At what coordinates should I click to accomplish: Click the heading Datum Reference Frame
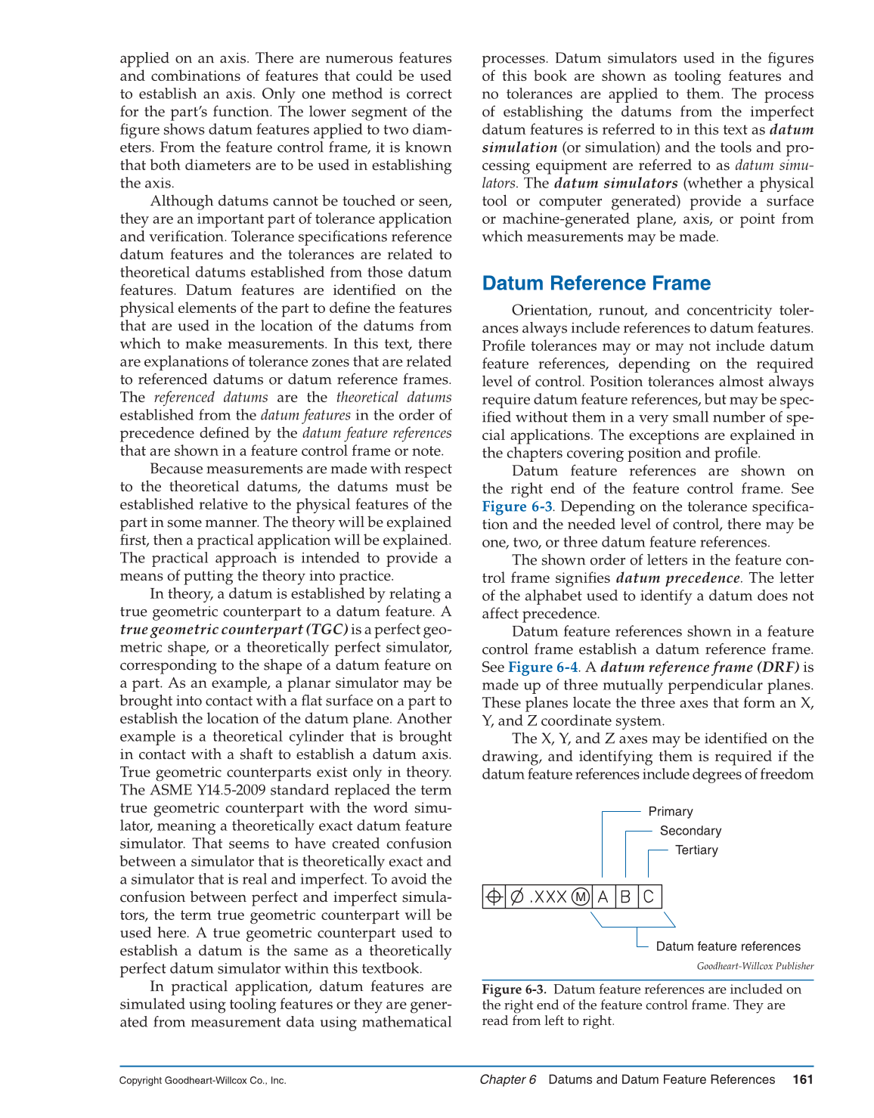pyautogui.click(x=596, y=283)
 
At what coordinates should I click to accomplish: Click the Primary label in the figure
pyautogui.click(x=670, y=811)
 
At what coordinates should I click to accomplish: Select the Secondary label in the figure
pyautogui.click(x=690, y=831)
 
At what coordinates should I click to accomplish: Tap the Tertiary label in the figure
pyautogui.click(x=696, y=850)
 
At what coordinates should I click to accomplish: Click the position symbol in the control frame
pyautogui.click(x=493, y=897)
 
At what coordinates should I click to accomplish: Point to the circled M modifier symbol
pyautogui.click(x=580, y=897)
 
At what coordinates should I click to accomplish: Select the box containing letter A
pyautogui.click(x=603, y=897)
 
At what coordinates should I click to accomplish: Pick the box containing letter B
pyautogui.click(x=626, y=897)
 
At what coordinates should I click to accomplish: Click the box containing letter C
pyautogui.click(x=649, y=897)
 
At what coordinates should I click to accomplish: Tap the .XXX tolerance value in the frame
pyautogui.click(x=548, y=897)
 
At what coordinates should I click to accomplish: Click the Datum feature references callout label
pyautogui.click(x=728, y=946)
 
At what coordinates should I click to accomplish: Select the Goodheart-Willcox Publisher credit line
pyautogui.click(x=755, y=966)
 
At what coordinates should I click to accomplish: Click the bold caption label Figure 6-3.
pyautogui.click(x=513, y=989)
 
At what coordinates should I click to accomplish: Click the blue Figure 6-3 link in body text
pyautogui.click(x=517, y=506)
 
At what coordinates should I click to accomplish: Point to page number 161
pyautogui.click(x=803, y=1079)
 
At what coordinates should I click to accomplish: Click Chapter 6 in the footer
pyautogui.click(x=507, y=1079)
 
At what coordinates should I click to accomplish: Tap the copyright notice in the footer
pyautogui.click(x=203, y=1080)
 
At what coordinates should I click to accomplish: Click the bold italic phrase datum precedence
pyautogui.click(x=677, y=578)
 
